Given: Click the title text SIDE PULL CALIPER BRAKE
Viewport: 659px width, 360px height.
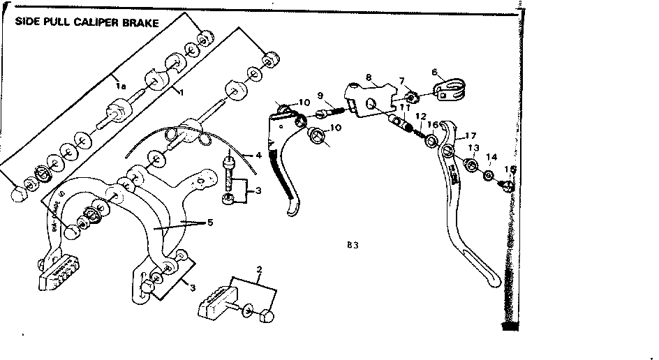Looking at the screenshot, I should click(x=87, y=22).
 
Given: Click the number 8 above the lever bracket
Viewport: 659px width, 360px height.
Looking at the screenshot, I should click(x=368, y=78).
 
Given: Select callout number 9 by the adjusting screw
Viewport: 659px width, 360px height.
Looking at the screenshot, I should click(x=319, y=96).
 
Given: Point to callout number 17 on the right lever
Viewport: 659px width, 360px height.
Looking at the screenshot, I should click(x=471, y=136).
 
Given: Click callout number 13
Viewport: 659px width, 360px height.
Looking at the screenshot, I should click(x=474, y=148).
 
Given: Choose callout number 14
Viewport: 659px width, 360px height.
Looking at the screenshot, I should click(x=492, y=158).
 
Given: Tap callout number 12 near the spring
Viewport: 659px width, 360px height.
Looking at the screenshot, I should click(x=421, y=117).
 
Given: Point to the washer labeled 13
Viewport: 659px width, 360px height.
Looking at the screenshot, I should click(x=471, y=166).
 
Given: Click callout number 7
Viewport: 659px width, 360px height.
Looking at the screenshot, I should click(x=402, y=82).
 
